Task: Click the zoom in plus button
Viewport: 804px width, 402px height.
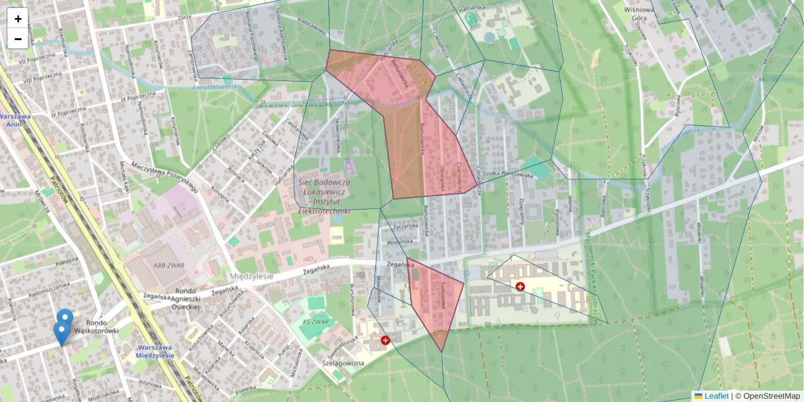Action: coord(18,19)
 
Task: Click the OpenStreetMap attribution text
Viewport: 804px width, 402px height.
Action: coord(770,396)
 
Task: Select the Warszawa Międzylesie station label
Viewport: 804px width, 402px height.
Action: coord(155,351)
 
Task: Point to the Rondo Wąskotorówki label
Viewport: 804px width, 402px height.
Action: coord(96,326)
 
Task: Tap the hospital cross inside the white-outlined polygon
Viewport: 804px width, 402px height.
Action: coord(520,287)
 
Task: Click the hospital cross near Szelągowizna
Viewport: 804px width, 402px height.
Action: coord(385,340)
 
